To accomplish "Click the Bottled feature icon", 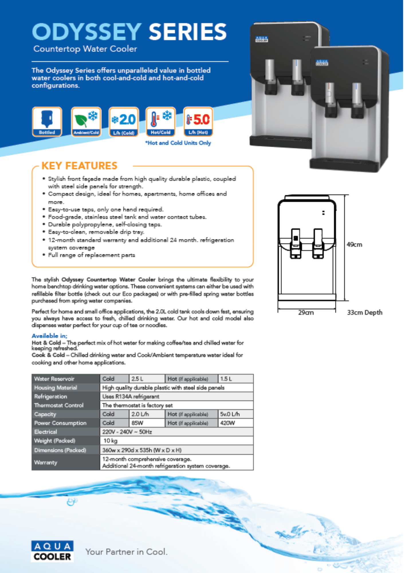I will tap(47, 121).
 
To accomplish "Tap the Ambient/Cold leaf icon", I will tap(86, 121).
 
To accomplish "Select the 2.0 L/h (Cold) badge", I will tap(124, 121).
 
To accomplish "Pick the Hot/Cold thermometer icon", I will tap(161, 121).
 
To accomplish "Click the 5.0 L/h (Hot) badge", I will tap(198, 121).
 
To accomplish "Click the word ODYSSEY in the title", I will tap(87, 32).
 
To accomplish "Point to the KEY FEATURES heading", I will tap(79, 166).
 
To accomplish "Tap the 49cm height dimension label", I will tap(354, 244).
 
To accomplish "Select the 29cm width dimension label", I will tap(306, 312).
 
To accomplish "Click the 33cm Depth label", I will tap(365, 312).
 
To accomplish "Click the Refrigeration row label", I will tap(51, 397).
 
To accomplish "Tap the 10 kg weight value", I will tap(111, 441).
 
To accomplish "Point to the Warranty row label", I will tap(46, 462).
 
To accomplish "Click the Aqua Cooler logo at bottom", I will tap(52, 551).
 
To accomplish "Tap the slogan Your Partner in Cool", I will tap(126, 552).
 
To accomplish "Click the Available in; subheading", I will tap(49, 336).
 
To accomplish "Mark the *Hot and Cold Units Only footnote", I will tap(178, 143).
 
